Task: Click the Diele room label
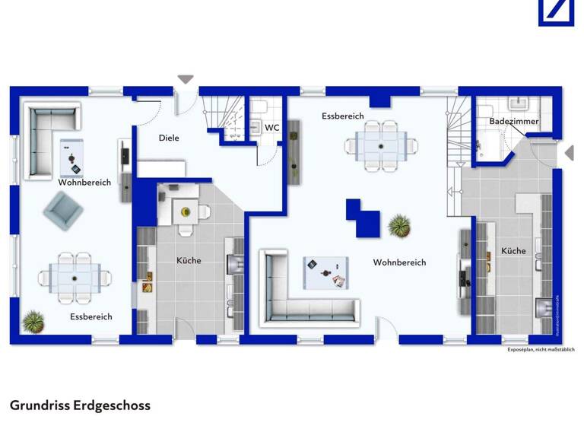point(168,138)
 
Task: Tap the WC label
point(271,128)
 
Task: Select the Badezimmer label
point(513,122)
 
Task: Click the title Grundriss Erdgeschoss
point(80,405)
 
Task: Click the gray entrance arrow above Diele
point(186,79)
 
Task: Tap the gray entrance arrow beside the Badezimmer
point(568,154)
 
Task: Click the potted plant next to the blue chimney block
point(398,225)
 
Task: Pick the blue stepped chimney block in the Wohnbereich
point(363,217)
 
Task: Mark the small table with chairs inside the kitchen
point(185,209)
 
